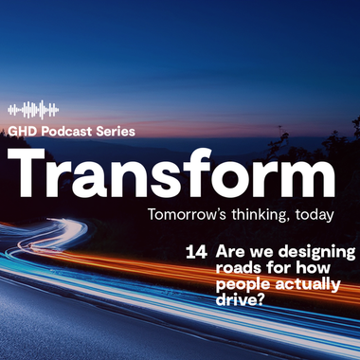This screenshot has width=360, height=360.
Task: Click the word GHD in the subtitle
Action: [x=21, y=132]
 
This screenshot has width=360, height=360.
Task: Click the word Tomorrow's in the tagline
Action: [x=178, y=215]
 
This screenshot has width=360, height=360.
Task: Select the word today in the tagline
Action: [x=314, y=215]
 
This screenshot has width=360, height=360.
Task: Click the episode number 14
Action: [x=198, y=253]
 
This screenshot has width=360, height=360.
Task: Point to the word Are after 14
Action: [x=230, y=253]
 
